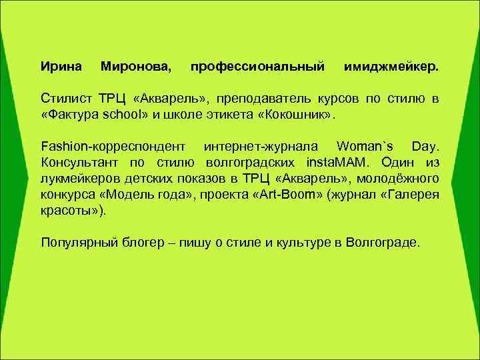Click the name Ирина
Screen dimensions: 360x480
point(61,67)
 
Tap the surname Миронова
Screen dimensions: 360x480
point(135,67)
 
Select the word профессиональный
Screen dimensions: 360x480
point(257,67)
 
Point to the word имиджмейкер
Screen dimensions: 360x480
point(391,67)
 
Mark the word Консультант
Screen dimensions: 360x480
point(80,162)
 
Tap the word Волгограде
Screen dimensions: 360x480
point(383,242)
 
